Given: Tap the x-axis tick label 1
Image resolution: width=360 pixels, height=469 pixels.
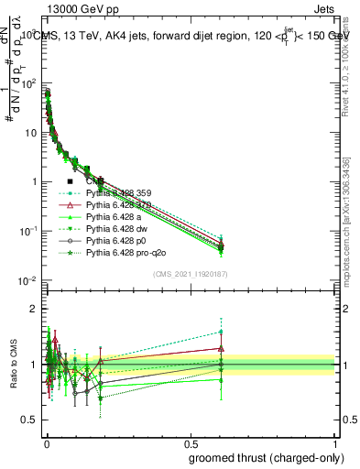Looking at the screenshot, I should (x=336, y=442).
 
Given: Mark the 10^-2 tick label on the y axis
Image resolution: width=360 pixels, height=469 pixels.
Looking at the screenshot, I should (x=27, y=280).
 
